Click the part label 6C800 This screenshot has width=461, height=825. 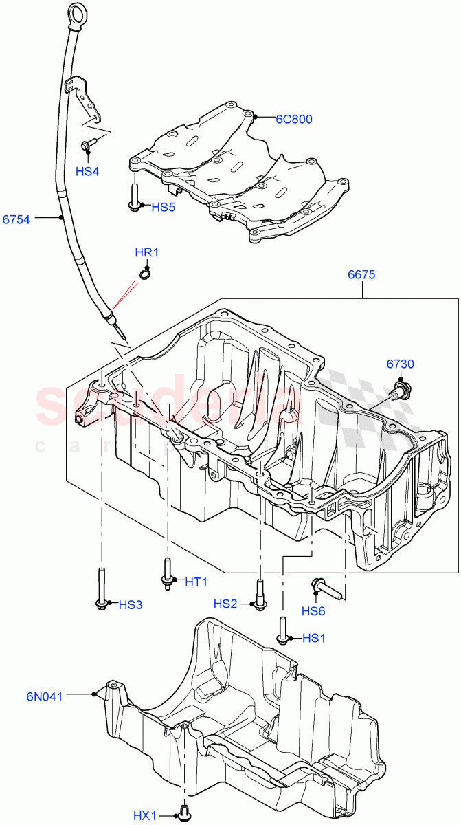click(x=293, y=119)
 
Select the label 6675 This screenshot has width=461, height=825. click(x=361, y=274)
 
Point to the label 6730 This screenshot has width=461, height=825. click(x=400, y=364)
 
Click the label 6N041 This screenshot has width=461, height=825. click(x=45, y=696)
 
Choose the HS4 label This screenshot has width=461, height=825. click(x=87, y=171)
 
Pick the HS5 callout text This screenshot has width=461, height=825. click(x=164, y=206)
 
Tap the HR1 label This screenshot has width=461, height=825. click(x=146, y=252)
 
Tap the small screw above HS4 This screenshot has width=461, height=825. click(x=87, y=145)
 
